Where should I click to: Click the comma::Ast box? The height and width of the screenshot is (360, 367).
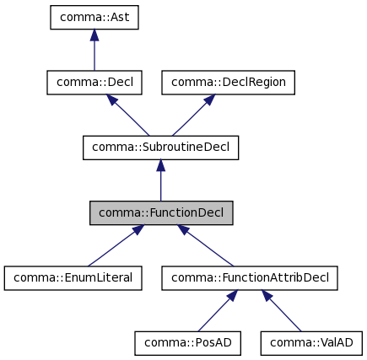coord(94,18)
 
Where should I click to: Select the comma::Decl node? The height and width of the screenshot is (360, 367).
coord(94,83)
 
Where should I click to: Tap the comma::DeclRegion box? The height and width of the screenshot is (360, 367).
coord(229,83)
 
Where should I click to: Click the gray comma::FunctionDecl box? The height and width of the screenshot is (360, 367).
coord(161,212)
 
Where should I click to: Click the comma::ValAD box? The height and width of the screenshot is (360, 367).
coord(312,342)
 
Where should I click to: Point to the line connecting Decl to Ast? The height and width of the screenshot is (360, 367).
coord(94,55)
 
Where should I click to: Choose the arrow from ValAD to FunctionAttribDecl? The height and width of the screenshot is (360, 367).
coord(283,311)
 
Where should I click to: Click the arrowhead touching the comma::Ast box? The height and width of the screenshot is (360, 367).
coord(94,35)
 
